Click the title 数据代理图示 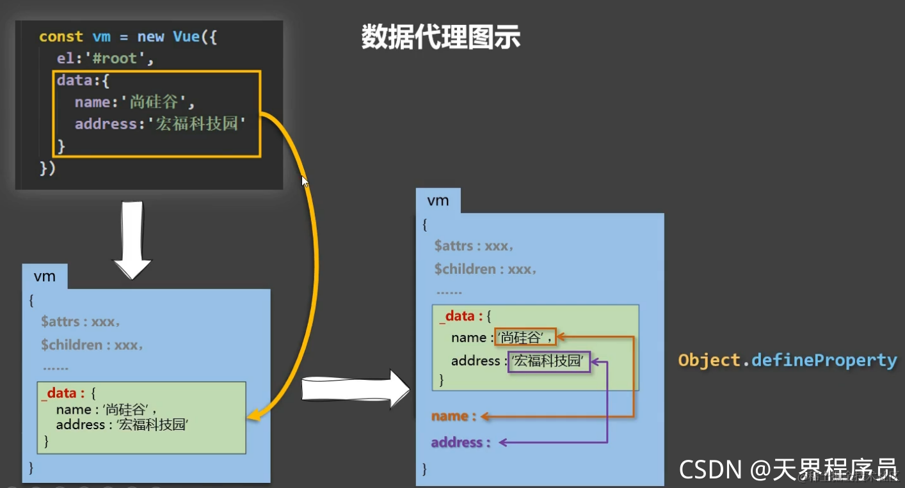tap(440, 38)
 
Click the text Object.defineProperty tap(787, 360)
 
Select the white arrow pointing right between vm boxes tap(355, 388)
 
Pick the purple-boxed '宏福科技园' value tap(549, 361)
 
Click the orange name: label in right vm tap(454, 416)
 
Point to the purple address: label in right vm tap(461, 443)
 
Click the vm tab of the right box tap(438, 201)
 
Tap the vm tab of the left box tap(44, 276)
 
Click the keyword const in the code tap(61, 37)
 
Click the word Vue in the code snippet tap(186, 37)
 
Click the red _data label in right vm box tap(456, 316)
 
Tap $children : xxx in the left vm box tap(91, 345)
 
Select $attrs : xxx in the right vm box tap(473, 246)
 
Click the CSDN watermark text tap(788, 469)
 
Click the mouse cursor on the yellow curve tap(305, 182)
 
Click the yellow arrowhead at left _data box tap(253, 416)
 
